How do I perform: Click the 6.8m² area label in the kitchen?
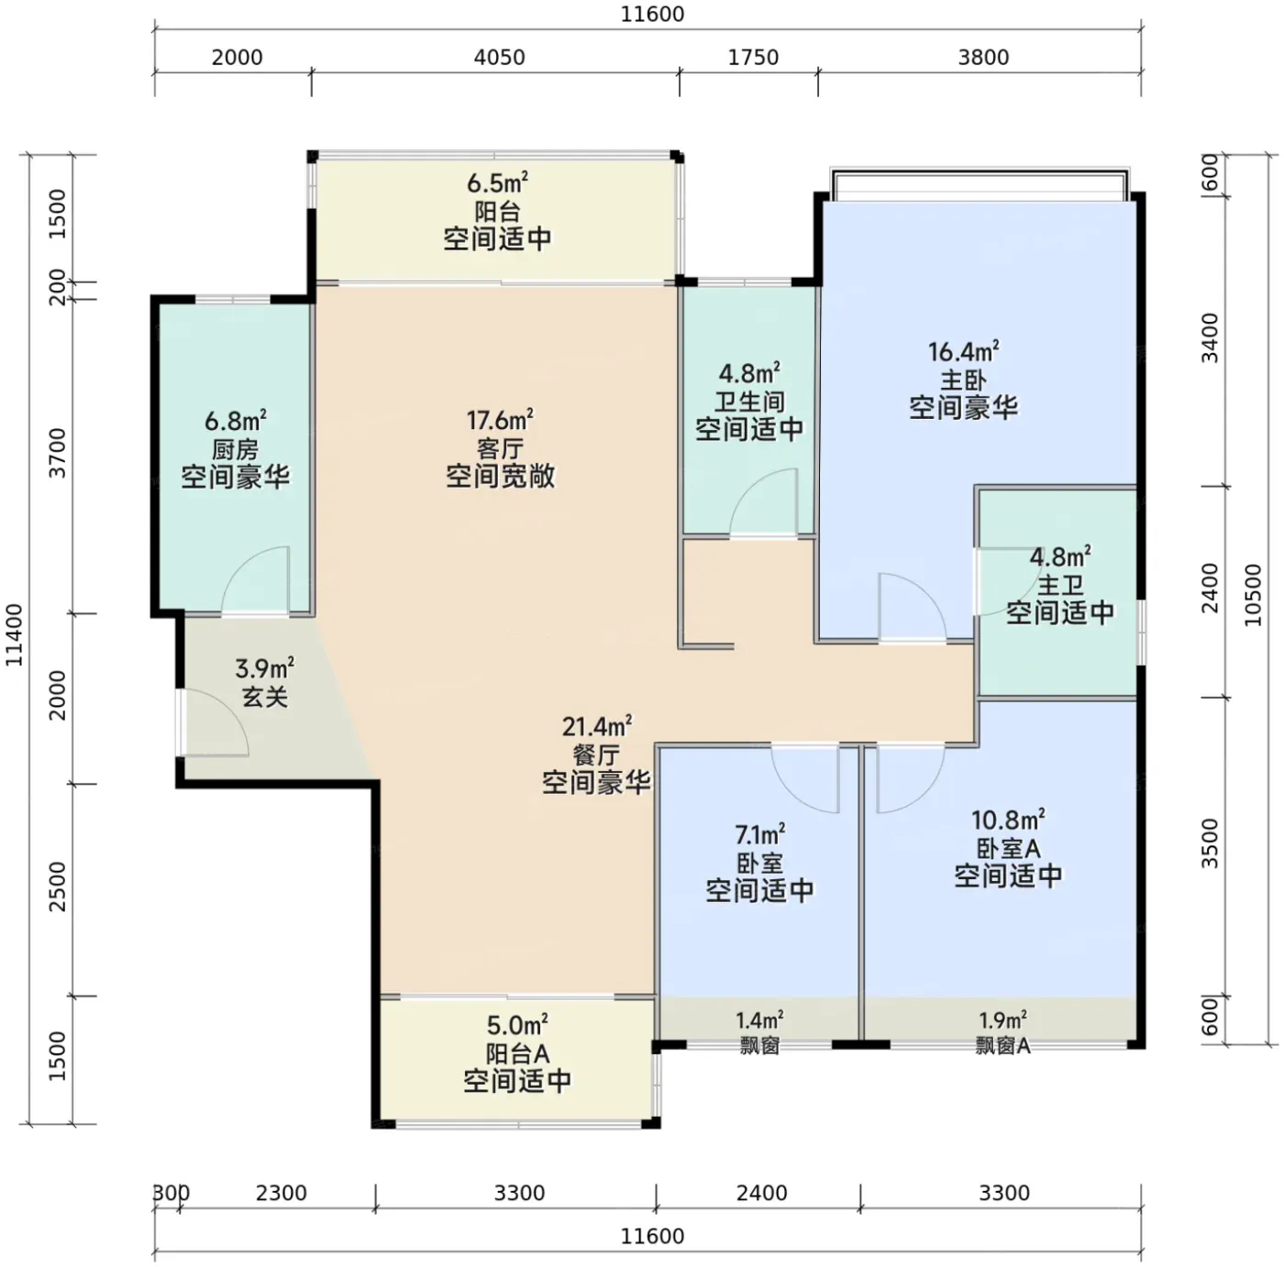click(235, 421)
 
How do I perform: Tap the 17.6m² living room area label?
click(499, 420)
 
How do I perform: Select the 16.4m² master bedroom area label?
click(964, 351)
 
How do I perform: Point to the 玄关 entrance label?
click(264, 698)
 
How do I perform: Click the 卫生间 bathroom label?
click(749, 402)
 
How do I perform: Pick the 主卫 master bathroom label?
click(1060, 585)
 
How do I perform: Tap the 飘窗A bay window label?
click(1002, 1046)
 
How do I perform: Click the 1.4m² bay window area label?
click(759, 1019)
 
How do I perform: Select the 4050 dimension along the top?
click(499, 57)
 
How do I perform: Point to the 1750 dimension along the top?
click(753, 57)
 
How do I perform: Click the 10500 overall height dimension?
click(1254, 595)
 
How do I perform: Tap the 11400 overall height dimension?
click(14, 634)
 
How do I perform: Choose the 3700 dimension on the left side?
click(58, 453)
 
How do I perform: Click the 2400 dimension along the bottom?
click(761, 1193)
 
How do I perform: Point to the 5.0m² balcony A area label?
click(517, 1024)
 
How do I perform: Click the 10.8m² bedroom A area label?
click(1007, 820)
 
